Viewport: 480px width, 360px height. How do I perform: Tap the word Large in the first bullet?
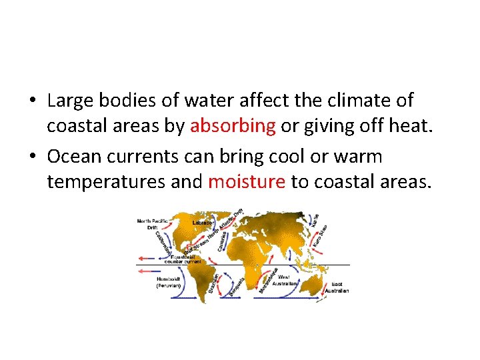pyautogui.click(x=72, y=101)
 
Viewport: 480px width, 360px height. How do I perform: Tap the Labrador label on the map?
pyautogui.click(x=203, y=223)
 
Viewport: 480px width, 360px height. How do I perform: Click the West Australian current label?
pyautogui.click(x=289, y=279)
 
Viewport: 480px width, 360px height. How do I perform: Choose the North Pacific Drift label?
pyautogui.click(x=152, y=223)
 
